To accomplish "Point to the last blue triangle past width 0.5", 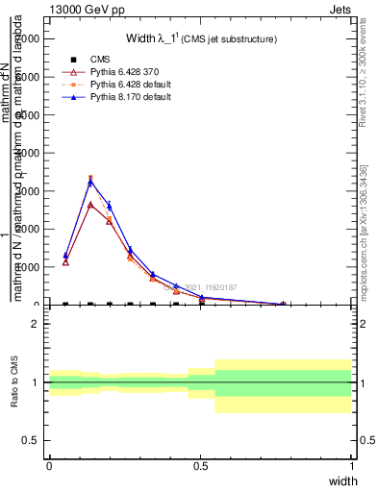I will click(x=282, y=304).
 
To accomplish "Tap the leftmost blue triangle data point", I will click(x=65, y=256).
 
